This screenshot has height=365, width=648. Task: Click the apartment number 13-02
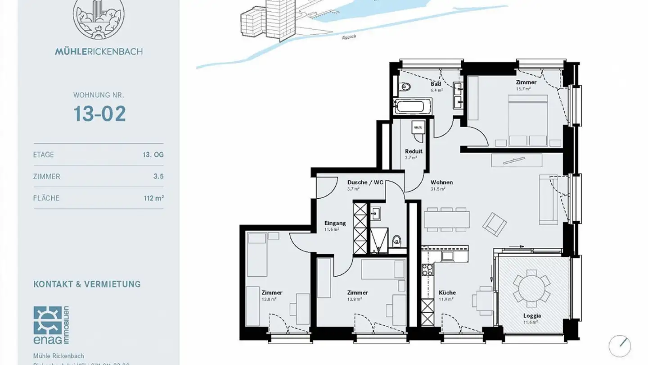tap(99, 114)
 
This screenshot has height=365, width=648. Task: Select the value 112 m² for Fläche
tap(153, 198)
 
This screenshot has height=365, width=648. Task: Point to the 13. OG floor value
tap(153, 155)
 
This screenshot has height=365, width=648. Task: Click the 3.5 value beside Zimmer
tap(158, 177)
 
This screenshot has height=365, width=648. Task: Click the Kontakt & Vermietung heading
tap(87, 284)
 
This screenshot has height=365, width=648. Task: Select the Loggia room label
tap(532, 316)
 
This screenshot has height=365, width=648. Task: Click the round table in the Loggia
tap(531, 287)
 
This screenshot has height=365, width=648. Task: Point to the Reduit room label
tap(414, 151)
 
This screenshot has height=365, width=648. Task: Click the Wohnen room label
tap(441, 182)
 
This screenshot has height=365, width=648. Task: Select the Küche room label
tap(447, 293)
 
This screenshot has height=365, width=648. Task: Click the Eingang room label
tap(335, 223)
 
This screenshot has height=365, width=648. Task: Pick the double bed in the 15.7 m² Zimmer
tap(528, 119)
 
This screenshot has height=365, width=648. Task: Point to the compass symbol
tap(620, 346)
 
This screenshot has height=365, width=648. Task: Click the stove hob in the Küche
tap(427, 270)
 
